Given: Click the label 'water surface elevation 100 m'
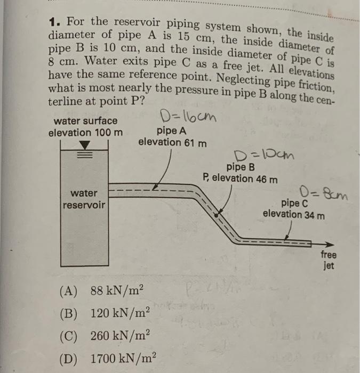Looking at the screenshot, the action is pos(85,127).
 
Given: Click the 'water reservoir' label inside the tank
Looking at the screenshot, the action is pos(85,199).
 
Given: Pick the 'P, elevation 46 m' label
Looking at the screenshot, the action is pos(240,178).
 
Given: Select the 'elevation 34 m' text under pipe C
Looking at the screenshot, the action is pos(293,215).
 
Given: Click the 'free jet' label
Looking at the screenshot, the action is pos(329,260).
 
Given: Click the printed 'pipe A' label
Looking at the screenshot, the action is pos(172,130).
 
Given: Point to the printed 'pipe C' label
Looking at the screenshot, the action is pos(294,203).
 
